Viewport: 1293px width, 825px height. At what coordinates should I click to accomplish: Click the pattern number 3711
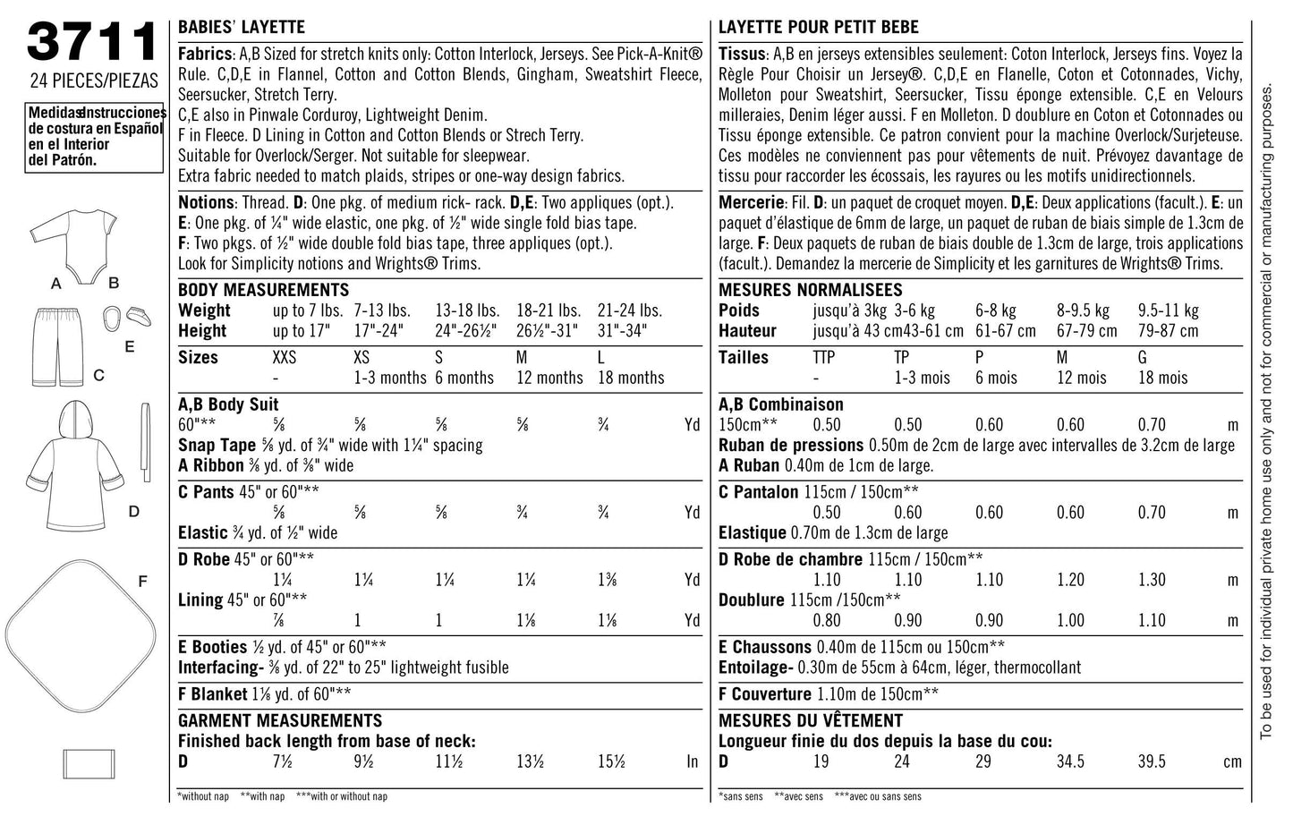tap(93, 41)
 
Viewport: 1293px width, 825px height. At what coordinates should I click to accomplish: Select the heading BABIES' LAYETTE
tap(242, 28)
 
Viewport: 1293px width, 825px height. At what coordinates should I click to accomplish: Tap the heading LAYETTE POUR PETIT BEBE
tap(818, 28)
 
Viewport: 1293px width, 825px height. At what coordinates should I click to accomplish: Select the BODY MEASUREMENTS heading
tap(263, 290)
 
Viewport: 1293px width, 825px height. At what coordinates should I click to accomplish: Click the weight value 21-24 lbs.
tap(630, 310)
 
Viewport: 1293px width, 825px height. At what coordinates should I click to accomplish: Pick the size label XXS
tap(285, 358)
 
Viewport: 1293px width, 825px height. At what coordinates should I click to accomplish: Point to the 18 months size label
tap(631, 378)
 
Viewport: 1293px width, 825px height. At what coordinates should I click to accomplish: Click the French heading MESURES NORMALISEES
tap(810, 290)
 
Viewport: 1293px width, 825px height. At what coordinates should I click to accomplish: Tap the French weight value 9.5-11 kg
tap(1168, 310)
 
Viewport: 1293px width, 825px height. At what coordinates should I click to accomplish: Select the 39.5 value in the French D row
tap(1151, 761)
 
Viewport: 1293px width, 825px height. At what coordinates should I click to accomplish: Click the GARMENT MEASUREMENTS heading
tap(279, 720)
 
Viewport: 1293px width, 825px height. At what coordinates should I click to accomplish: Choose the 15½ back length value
tap(612, 761)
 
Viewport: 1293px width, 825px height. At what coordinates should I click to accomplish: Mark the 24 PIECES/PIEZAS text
tap(93, 81)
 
